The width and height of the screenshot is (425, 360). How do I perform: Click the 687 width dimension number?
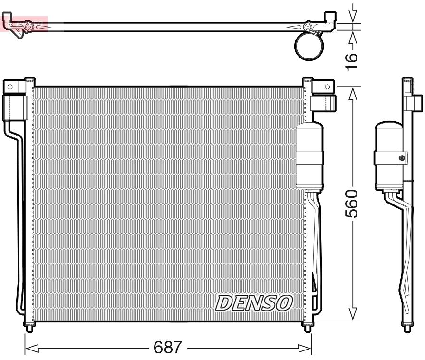coord(168,348)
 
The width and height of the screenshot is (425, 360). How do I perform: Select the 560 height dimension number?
coord(351,204)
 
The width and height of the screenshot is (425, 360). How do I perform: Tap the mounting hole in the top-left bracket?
coord(9,87)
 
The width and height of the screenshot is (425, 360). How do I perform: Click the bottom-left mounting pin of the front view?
coord(29,328)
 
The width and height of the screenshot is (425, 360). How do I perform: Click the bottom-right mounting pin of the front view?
coord(308,328)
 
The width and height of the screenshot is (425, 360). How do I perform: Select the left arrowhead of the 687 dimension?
coord(28,349)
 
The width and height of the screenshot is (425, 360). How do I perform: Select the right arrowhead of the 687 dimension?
coord(309,349)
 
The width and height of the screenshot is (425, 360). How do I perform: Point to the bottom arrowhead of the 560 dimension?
coord(352,314)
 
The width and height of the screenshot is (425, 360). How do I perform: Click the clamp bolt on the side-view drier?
coord(402,158)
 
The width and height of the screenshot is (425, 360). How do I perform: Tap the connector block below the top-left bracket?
coord(14,107)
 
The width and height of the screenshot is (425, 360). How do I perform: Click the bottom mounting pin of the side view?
coord(407,328)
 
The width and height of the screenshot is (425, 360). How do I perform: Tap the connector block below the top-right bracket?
coord(323,102)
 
